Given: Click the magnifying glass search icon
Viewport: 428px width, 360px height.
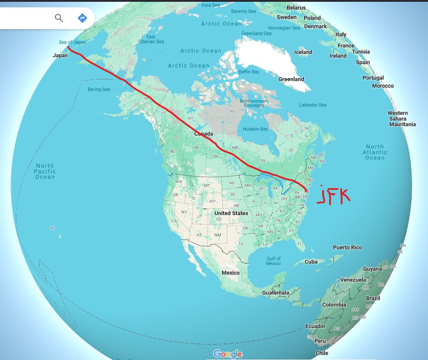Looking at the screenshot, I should pos(59,18).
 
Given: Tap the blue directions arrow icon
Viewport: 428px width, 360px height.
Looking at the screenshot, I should pos(82,18).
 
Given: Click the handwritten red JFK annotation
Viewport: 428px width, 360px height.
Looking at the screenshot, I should pos(333,195).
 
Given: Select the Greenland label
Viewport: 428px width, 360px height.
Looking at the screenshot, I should pos(291,79).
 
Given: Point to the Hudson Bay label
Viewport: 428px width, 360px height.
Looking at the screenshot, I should pos(255,129).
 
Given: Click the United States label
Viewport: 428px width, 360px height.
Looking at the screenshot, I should pos(231,213).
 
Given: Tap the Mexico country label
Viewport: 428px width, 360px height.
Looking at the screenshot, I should pos(231,273).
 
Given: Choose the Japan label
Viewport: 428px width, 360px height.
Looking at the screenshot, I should pos(61,55).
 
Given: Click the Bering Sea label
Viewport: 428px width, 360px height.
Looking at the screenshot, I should pos(99,89).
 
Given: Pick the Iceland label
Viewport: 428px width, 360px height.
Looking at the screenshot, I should pos(303,52).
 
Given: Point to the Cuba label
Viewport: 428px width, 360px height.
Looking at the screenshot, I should pos(311,262).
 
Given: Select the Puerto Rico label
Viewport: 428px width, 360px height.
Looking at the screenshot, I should pos(347,247).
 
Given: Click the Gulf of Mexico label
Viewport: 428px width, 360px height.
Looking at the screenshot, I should pos(273,261).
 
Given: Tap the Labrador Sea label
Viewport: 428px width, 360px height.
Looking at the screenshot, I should pos(312,105).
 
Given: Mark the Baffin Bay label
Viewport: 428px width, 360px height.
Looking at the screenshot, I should pos(249,72).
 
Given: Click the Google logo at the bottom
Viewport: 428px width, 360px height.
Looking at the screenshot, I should pos(228,354).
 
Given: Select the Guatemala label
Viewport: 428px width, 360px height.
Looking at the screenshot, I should pos(276,293).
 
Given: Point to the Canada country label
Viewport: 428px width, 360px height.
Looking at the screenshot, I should pos(204,134).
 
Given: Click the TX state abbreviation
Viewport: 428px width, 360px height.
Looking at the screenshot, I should pos(241,244).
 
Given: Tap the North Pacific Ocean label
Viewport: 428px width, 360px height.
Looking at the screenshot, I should pos(45,171).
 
